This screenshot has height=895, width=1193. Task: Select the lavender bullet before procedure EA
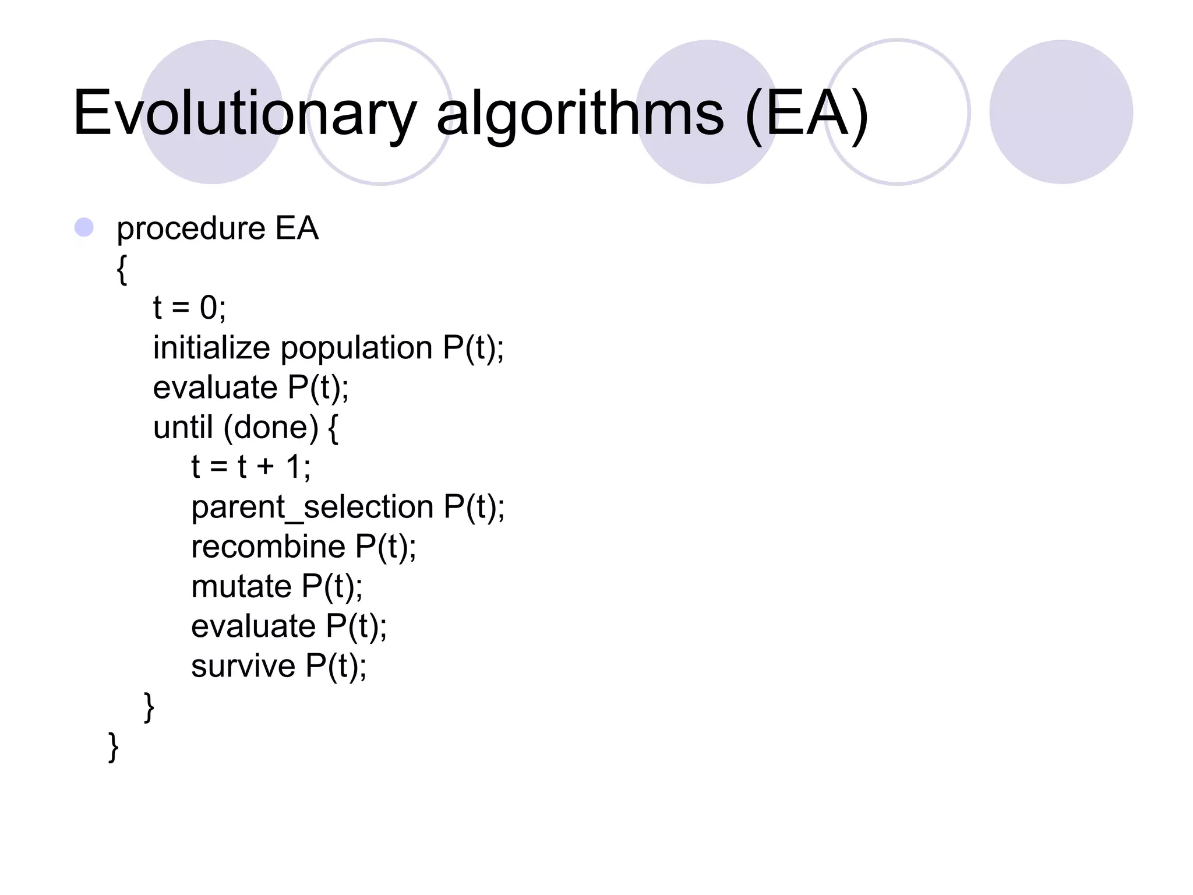tap(84, 227)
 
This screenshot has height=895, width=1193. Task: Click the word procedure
tap(191, 228)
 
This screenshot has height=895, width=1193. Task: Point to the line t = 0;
tap(189, 307)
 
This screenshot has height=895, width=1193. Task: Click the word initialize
tap(211, 348)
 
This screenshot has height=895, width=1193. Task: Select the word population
tap(357, 349)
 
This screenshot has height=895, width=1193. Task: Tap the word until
tap(182, 427)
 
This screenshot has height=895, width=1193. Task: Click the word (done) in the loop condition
tap(271, 428)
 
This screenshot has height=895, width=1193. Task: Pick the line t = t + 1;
tap(251, 467)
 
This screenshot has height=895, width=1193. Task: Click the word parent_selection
tap(312, 507)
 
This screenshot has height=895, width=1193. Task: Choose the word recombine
tap(269, 547)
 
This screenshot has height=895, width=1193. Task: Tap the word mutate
tap(241, 586)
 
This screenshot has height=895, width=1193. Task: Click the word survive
tap(243, 666)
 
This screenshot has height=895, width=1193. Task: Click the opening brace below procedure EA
tap(122, 269)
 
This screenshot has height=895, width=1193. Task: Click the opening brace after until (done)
tap(333, 429)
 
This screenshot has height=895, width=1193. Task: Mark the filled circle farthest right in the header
tap(1061, 112)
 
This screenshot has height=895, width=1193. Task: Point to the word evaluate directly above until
tap(215, 387)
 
